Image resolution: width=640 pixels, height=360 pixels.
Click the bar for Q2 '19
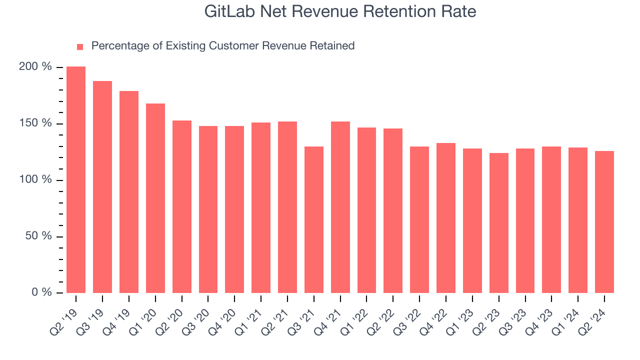pyautogui.click(x=76, y=180)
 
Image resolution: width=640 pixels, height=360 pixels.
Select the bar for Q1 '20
pyautogui.click(x=155, y=198)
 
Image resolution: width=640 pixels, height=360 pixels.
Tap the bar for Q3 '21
pyautogui.click(x=314, y=219)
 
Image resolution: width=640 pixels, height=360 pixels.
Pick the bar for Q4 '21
pyautogui.click(x=340, y=207)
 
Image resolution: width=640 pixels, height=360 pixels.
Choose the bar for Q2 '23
pyautogui.click(x=499, y=223)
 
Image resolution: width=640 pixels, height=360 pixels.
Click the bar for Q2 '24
pyautogui.click(x=604, y=222)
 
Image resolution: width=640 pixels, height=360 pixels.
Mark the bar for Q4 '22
pyautogui.click(x=446, y=218)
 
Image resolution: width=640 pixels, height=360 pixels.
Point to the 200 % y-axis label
pyautogui.click(x=35, y=66)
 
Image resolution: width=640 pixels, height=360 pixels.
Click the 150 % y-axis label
pyautogui.click(x=35, y=123)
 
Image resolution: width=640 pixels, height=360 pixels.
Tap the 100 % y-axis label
pyautogui.click(x=35, y=179)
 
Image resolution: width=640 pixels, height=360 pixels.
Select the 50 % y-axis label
pyautogui.click(x=38, y=236)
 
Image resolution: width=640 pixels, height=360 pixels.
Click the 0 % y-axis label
pyautogui.click(x=42, y=292)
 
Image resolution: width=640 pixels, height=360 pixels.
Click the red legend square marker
pyautogui.click(x=80, y=46)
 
